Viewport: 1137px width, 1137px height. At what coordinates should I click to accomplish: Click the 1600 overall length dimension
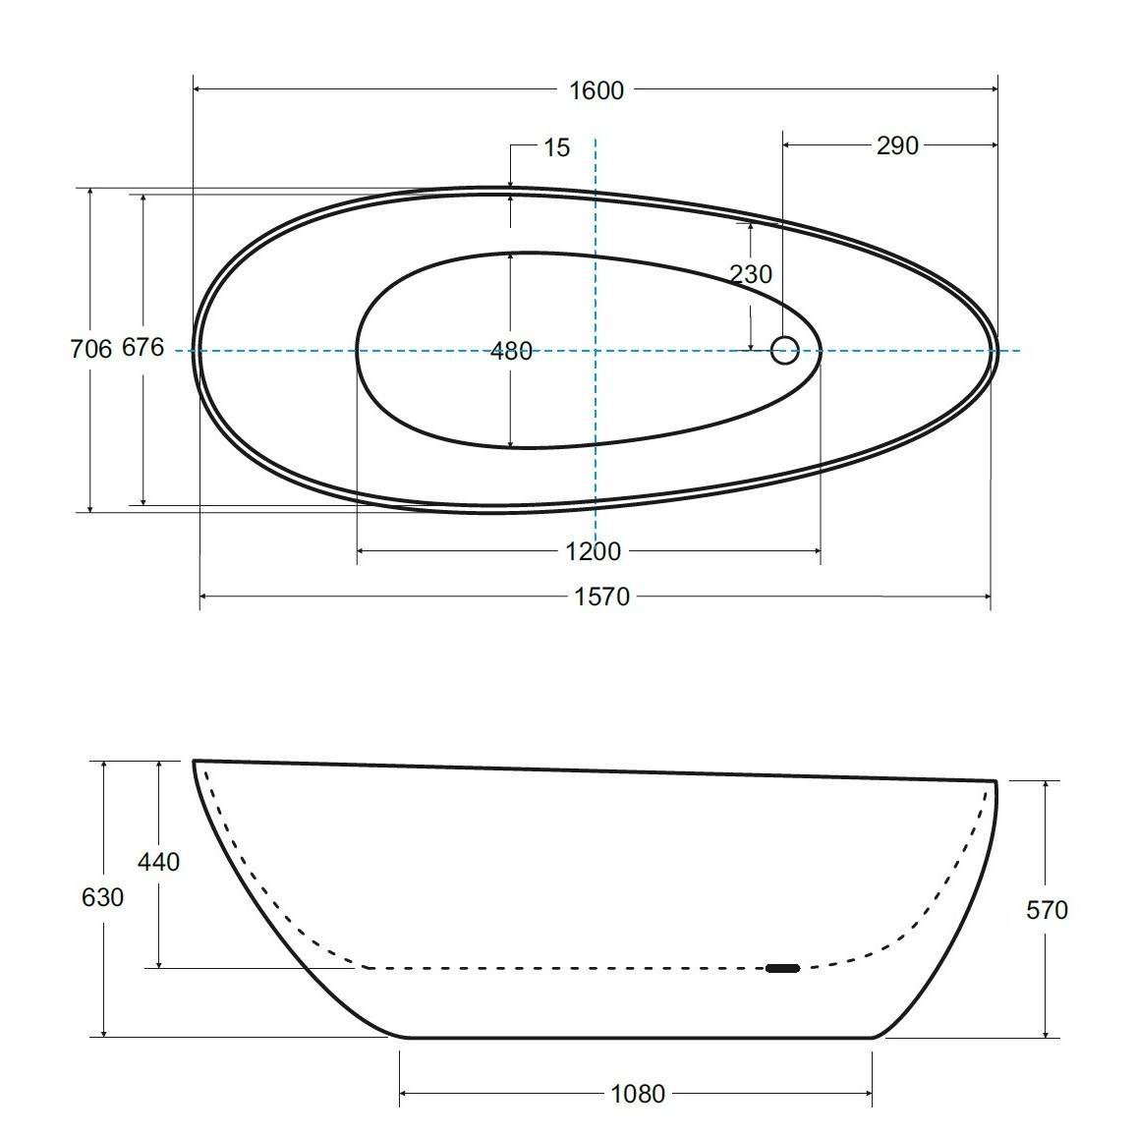(597, 90)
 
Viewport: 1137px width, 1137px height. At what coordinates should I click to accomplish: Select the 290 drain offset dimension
(897, 145)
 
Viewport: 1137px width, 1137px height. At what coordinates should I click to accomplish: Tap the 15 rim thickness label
(557, 148)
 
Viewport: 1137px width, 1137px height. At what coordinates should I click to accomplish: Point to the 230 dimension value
(751, 274)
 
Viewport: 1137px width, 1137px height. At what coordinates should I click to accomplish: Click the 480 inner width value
(511, 352)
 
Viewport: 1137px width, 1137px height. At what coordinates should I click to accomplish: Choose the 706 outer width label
(91, 350)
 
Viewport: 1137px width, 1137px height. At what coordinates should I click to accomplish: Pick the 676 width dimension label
(142, 348)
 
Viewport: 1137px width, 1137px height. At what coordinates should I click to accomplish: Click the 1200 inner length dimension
(594, 552)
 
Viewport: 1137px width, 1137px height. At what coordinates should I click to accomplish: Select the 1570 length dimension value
(601, 597)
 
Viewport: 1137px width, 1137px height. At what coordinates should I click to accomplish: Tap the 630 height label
(103, 897)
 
